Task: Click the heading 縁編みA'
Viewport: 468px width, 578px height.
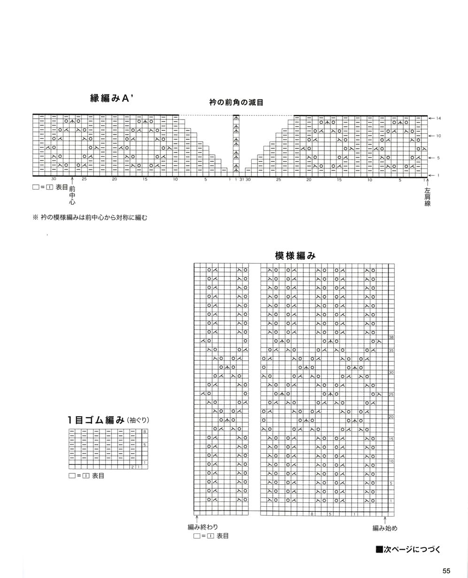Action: coord(112,98)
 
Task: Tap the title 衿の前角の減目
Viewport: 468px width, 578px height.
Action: coord(236,102)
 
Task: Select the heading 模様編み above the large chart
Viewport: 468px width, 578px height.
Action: coord(295,256)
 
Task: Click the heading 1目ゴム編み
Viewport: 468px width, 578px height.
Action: coord(96,420)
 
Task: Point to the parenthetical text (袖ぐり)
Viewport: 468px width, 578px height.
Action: coord(138,420)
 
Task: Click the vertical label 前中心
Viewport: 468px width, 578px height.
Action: coord(72,195)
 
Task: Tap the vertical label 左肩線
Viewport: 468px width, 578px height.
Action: coord(427,197)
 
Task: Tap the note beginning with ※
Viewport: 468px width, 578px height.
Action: coord(90,217)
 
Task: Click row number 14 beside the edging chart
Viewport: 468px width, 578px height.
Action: coord(438,118)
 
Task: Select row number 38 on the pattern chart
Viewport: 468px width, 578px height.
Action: coord(391,337)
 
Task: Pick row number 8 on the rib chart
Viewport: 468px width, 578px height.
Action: coord(145,431)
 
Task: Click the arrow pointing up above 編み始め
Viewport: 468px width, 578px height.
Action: coord(384,520)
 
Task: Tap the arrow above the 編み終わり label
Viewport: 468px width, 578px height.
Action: coord(197,519)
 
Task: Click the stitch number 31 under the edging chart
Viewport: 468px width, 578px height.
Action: coord(242,179)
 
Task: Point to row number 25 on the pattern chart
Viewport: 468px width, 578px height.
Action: coord(391,395)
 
